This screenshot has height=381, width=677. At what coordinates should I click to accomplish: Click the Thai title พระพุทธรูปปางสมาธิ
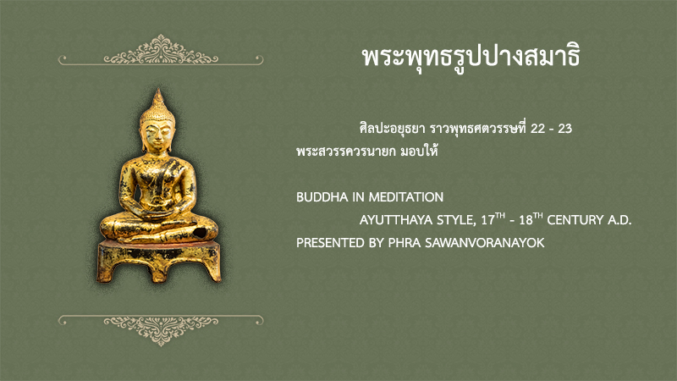(471, 58)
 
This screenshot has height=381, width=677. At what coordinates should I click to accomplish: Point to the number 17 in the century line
(488, 220)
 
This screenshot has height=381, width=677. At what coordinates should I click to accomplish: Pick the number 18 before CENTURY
(526, 220)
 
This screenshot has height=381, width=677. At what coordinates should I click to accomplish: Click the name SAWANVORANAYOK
(484, 243)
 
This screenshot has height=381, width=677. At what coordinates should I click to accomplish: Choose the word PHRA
(405, 243)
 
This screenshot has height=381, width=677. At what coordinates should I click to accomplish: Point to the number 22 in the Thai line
(538, 129)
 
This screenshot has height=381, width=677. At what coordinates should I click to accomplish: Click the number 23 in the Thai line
(564, 129)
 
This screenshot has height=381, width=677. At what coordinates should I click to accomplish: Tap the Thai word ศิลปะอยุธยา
(393, 129)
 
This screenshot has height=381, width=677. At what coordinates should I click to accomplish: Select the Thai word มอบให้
(419, 152)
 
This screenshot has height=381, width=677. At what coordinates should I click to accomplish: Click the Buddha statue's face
(157, 135)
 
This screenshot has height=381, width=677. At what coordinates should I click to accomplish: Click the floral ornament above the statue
(161, 50)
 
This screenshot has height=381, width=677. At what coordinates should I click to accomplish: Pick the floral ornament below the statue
(161, 330)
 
